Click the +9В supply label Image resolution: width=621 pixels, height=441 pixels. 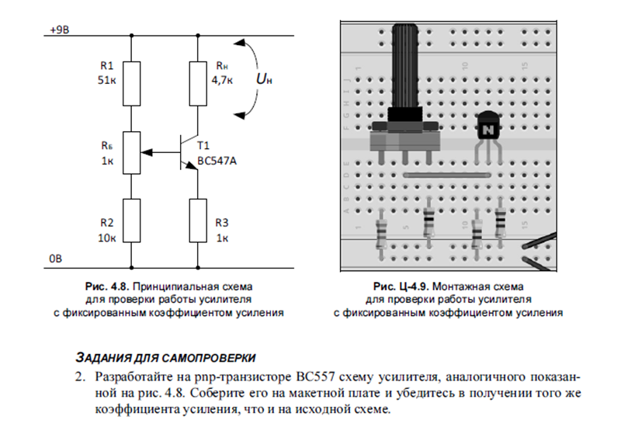60,30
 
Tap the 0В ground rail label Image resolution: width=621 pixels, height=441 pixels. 55,259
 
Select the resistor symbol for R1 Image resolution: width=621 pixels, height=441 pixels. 131,84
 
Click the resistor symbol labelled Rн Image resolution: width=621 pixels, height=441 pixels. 198,84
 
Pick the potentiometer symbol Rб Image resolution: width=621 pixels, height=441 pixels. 131,152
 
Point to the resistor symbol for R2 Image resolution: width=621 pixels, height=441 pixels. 131,220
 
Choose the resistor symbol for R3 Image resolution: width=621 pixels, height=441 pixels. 198,220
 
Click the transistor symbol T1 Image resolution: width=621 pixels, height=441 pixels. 188,152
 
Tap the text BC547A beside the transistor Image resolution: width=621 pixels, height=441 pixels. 217,161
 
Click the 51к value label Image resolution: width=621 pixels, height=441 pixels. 107,81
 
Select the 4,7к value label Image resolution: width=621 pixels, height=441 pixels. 222,81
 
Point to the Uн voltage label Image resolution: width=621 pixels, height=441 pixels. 264,79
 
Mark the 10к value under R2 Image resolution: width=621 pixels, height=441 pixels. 107,238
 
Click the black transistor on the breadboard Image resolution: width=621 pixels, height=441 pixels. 488,125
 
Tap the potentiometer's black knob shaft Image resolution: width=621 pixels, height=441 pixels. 404,65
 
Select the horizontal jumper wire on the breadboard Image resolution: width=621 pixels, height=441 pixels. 447,175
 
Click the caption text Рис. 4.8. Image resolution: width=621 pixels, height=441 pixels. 107,286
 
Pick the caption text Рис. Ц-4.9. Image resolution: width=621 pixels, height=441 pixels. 400,286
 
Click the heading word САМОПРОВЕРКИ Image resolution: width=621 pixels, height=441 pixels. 209,358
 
